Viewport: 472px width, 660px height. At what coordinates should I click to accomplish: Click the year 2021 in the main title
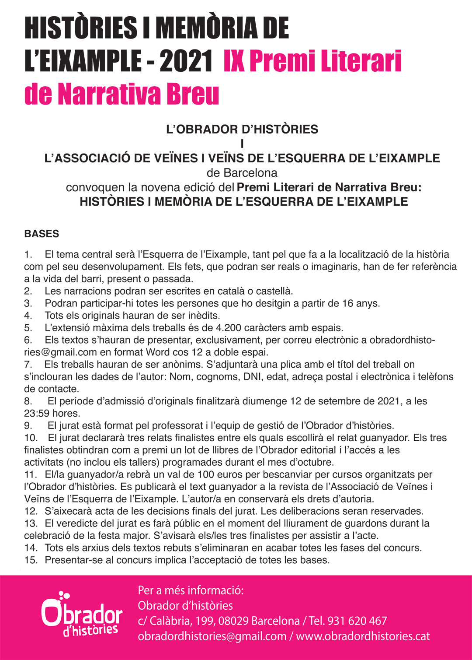click(x=186, y=61)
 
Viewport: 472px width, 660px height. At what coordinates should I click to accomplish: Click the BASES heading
click(x=42, y=234)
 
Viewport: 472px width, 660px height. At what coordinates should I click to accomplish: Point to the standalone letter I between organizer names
click(x=242, y=144)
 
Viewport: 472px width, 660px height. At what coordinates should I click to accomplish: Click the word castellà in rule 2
click(x=274, y=291)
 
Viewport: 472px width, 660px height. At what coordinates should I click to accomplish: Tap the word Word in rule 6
click(x=159, y=352)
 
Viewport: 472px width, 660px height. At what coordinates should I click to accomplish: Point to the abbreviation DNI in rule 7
click(x=252, y=377)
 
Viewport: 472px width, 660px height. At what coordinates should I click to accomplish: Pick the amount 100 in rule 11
click(x=206, y=474)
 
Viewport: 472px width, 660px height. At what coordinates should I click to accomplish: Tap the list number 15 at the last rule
click(x=31, y=560)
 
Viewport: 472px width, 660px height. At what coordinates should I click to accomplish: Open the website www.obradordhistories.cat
click(x=363, y=636)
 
